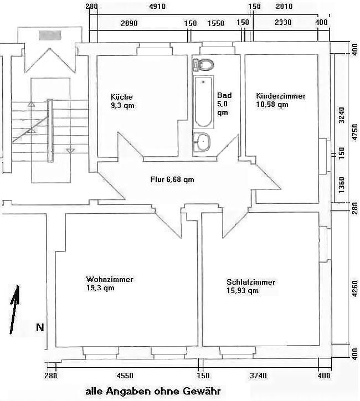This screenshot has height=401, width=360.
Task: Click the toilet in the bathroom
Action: [x=204, y=65]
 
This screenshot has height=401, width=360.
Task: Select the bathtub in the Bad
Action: [x=203, y=102]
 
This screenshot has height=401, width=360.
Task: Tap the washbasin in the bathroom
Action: [x=202, y=142]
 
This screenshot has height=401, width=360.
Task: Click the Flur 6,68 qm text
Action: [x=172, y=179]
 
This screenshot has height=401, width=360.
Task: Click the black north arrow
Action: [x=14, y=309]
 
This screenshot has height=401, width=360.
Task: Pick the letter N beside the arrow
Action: [x=40, y=327]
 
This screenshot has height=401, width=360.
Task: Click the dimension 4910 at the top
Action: [x=157, y=6]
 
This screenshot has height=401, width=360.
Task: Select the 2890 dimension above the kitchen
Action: [x=129, y=23]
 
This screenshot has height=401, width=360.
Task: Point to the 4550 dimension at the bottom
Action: [x=125, y=376]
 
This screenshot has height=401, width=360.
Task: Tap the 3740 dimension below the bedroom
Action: [x=258, y=376]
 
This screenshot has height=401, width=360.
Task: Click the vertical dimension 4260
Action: [x=355, y=289]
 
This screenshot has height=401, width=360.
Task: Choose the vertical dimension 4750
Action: [x=355, y=132]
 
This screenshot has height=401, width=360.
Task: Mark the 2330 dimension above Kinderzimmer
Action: [x=283, y=23]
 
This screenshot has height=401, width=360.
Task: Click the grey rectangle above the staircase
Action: [x=50, y=35]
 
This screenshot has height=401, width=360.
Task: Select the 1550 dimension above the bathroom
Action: [x=216, y=23]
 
